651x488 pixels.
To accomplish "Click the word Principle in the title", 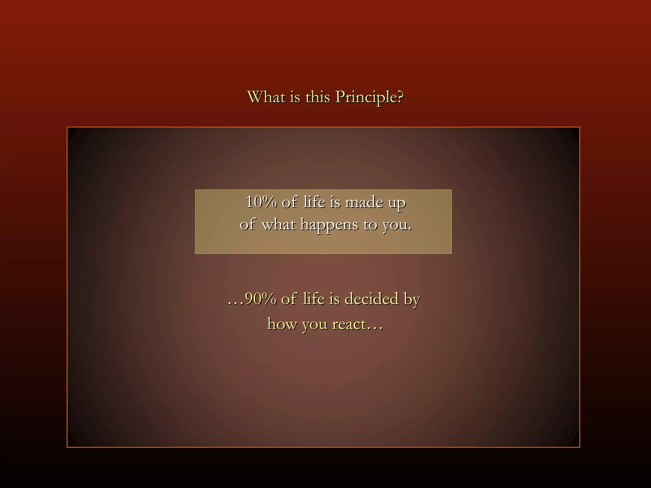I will [x=366, y=97].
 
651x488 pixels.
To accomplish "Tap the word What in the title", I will [x=266, y=97].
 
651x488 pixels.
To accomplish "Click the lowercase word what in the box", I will [x=278, y=225].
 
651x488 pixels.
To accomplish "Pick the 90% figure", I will [x=261, y=299].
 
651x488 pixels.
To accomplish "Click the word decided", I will [x=371, y=299].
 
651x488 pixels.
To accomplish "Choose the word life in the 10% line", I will [x=314, y=202].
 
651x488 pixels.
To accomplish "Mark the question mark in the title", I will [x=400, y=97].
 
